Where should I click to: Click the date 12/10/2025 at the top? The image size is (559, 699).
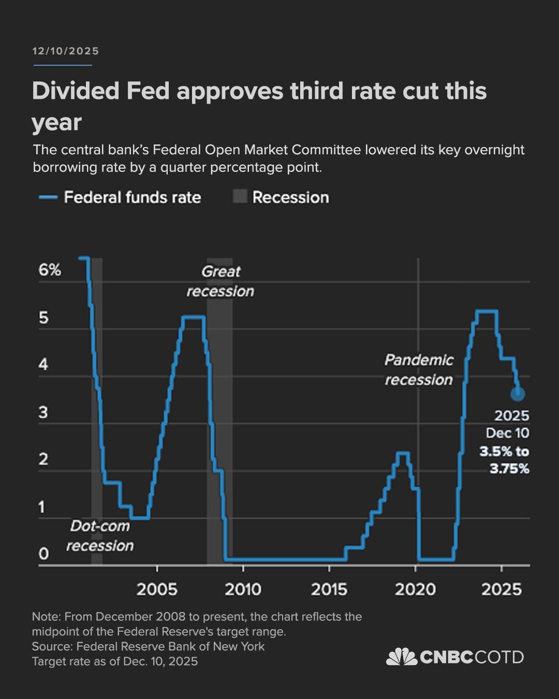click(65, 51)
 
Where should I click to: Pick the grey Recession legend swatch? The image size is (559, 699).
click(240, 197)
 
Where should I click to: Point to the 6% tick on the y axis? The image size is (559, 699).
click(50, 270)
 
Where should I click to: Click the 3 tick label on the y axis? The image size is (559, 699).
click(43, 412)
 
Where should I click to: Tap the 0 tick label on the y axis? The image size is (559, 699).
click(43, 554)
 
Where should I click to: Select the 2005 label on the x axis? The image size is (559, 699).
click(157, 589)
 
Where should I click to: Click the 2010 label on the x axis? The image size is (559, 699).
click(243, 589)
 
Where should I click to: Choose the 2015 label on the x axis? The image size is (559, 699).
click(329, 589)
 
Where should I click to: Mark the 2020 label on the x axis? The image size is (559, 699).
click(415, 589)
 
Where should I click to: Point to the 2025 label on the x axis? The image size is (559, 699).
click(501, 589)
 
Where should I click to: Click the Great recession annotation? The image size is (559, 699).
click(220, 281)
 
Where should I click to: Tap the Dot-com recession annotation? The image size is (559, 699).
click(100, 536)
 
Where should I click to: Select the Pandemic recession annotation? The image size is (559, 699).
click(419, 370)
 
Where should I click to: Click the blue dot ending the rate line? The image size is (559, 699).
click(518, 394)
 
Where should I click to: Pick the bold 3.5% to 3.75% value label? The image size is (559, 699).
click(504, 460)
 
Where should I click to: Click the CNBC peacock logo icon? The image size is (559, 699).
click(402, 657)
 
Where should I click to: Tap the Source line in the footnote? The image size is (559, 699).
click(148, 646)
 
